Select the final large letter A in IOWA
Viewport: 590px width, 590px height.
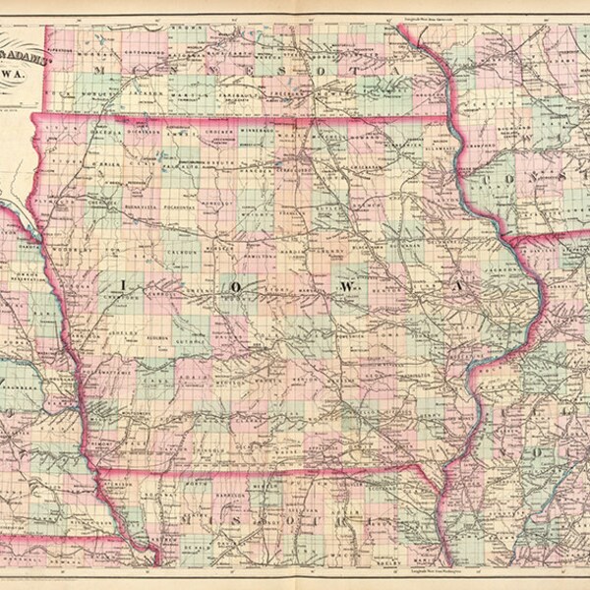(x=456, y=286)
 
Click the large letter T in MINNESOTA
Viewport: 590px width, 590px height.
(x=362, y=72)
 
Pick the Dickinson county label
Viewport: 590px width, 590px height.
(x=147, y=131)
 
